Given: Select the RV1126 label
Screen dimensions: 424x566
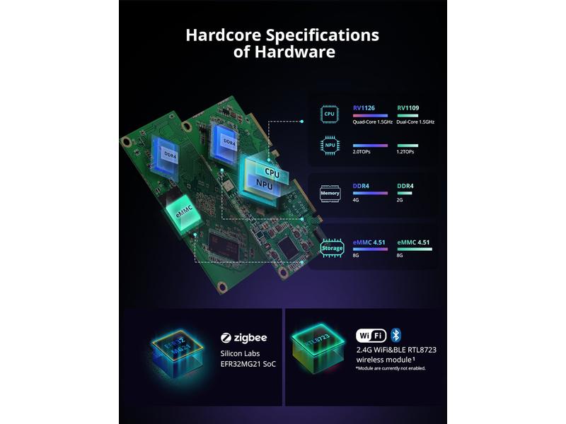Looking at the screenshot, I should [364, 108].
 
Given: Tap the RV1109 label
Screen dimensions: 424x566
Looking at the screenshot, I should [408, 108].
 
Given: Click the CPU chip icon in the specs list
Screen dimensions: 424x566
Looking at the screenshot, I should [330, 112].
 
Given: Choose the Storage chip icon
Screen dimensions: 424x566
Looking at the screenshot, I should [332, 248].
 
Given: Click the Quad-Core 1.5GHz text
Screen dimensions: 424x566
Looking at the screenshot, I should [373, 122].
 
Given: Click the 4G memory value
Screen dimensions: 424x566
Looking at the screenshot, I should [357, 200].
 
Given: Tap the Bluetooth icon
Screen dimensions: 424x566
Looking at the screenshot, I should [396, 335].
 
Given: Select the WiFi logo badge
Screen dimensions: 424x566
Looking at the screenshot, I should [371, 335].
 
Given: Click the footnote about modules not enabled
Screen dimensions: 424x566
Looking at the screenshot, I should [391, 368].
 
